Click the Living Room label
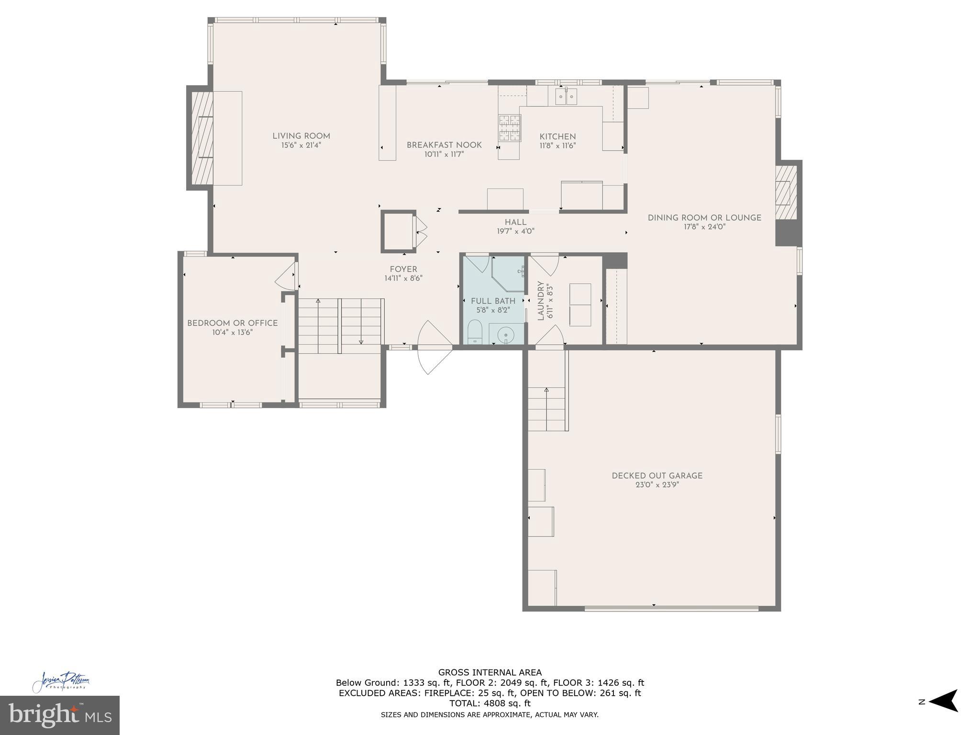(301, 136)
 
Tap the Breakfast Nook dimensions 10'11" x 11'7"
(444, 154)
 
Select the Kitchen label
(557, 136)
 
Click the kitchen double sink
(566, 97)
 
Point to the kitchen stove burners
(509, 128)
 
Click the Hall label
(515, 222)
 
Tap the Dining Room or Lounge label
(704, 218)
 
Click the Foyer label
(403, 269)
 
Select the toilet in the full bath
(475, 331)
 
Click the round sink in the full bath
(505, 334)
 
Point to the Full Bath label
(493, 301)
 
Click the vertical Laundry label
(541, 301)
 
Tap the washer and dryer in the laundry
(580, 305)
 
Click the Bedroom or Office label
(232, 323)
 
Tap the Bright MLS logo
(59, 715)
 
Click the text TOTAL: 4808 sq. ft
(490, 703)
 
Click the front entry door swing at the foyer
(433, 347)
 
